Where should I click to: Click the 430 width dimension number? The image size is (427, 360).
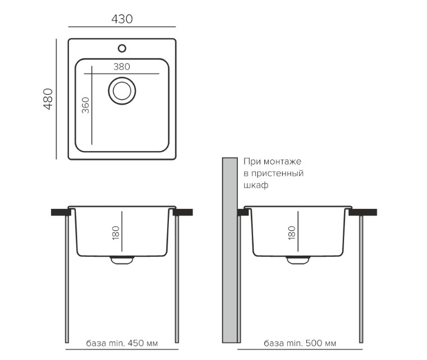pyautogui.click(x=122, y=19)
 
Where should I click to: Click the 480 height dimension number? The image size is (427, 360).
pyautogui.click(x=48, y=99)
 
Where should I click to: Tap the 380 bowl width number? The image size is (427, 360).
pyautogui.click(x=122, y=67)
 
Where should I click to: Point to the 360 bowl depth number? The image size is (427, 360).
pyautogui.click(x=85, y=105)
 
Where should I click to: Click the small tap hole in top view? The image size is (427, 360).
pyautogui.click(x=122, y=48)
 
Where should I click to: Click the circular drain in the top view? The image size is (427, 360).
pyautogui.click(x=122, y=91)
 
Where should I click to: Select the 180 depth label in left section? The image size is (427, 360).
pyautogui.click(x=116, y=233)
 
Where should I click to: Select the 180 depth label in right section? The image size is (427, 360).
pyautogui.click(x=292, y=233)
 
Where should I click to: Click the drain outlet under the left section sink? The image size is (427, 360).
pyautogui.click(x=122, y=260)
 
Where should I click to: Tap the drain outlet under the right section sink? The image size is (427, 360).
pyautogui.click(x=298, y=260)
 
